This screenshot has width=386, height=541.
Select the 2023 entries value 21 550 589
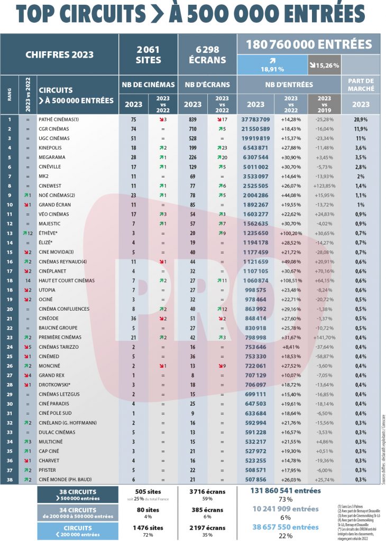[256, 129]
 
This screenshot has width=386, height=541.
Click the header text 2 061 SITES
[148, 54]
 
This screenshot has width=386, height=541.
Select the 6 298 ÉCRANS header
[207, 54]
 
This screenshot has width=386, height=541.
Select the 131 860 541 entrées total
[285, 490]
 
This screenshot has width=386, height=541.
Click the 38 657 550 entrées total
[285, 527]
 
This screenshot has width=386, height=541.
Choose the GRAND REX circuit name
[53, 375]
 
